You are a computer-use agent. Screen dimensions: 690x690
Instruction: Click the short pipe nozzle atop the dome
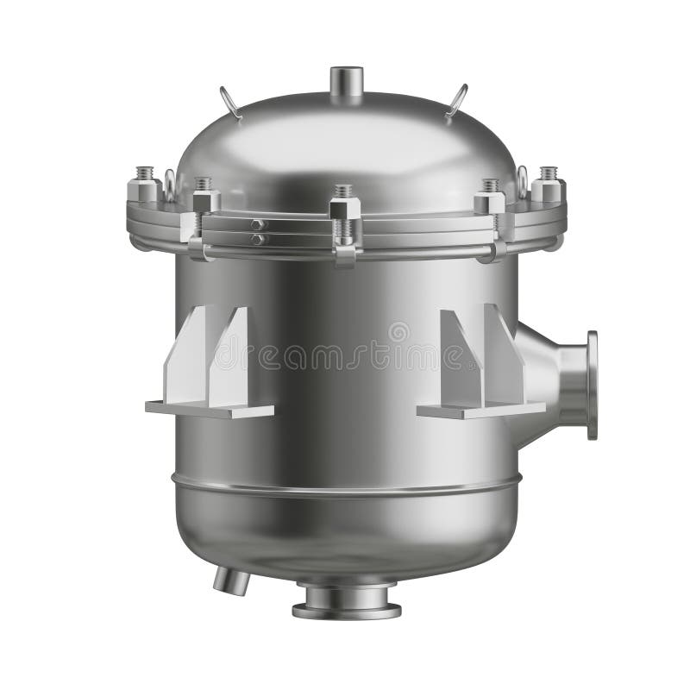347,84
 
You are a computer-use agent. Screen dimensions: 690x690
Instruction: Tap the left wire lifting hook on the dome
230,101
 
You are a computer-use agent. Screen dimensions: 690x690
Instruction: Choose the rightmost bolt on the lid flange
549,186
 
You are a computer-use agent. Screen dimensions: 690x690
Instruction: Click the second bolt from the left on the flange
204,200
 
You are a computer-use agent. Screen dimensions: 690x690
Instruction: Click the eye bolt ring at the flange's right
523,179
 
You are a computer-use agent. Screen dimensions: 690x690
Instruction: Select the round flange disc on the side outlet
592,385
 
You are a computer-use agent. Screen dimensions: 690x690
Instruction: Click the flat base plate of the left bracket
210,409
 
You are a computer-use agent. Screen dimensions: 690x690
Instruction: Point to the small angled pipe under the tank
231,579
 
